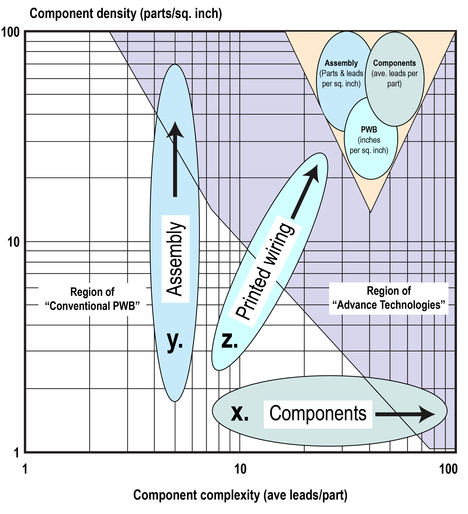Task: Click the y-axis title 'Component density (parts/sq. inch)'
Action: (x=126, y=14)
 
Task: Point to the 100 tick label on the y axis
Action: (x=11, y=33)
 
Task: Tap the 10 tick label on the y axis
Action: (x=13, y=242)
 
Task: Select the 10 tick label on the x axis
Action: (x=240, y=469)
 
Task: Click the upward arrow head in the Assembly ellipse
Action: (x=175, y=131)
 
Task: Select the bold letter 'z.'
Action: (x=230, y=341)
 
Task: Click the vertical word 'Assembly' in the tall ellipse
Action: (x=175, y=259)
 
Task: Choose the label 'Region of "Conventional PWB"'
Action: (x=92, y=299)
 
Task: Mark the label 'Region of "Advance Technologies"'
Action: (x=389, y=298)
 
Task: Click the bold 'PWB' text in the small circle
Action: (x=369, y=130)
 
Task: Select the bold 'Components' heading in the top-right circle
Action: (x=394, y=63)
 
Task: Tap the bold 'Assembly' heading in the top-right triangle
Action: (x=341, y=63)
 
